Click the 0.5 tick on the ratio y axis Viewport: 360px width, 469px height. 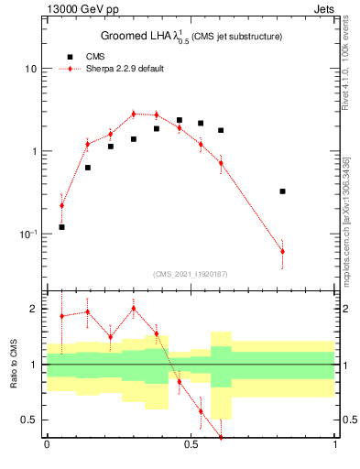(32, 420)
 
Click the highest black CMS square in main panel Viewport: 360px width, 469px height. (180, 120)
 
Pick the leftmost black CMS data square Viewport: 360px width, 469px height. (61, 226)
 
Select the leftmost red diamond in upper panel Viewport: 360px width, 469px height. (61, 205)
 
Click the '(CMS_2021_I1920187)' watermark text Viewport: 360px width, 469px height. (190, 274)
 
